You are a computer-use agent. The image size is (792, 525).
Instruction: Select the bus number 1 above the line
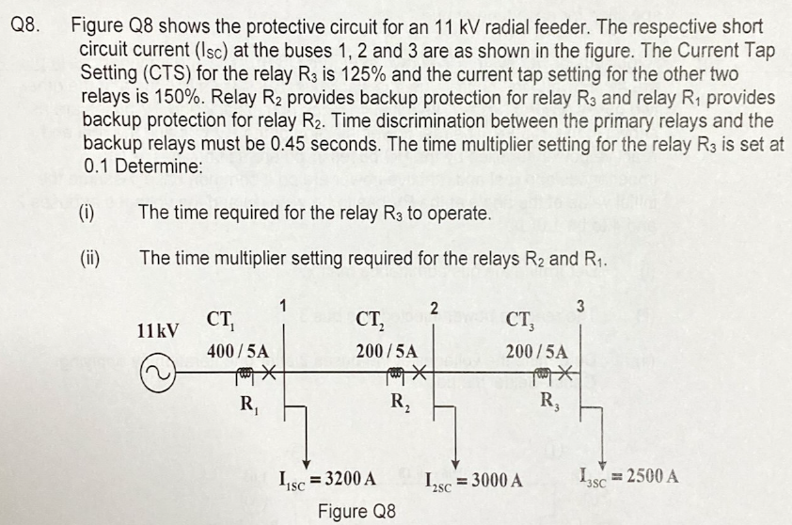tap(282, 303)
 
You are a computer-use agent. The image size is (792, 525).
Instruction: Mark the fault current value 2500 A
tap(644, 474)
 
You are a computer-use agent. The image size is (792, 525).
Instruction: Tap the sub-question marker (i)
tap(87, 213)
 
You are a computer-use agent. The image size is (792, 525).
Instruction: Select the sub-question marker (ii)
tap(89, 256)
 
